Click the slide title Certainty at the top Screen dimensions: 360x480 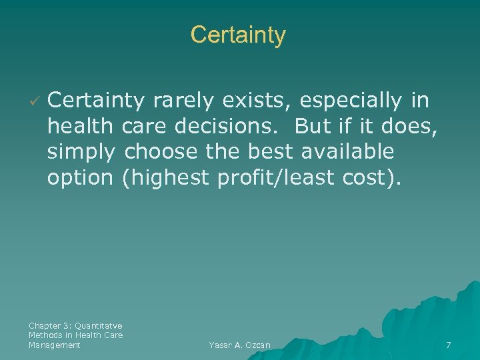238,35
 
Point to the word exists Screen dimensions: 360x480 257,101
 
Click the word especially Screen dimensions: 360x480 351,101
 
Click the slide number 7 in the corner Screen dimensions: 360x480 449,345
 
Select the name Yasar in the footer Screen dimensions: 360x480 220,345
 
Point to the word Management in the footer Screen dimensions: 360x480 55,345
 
